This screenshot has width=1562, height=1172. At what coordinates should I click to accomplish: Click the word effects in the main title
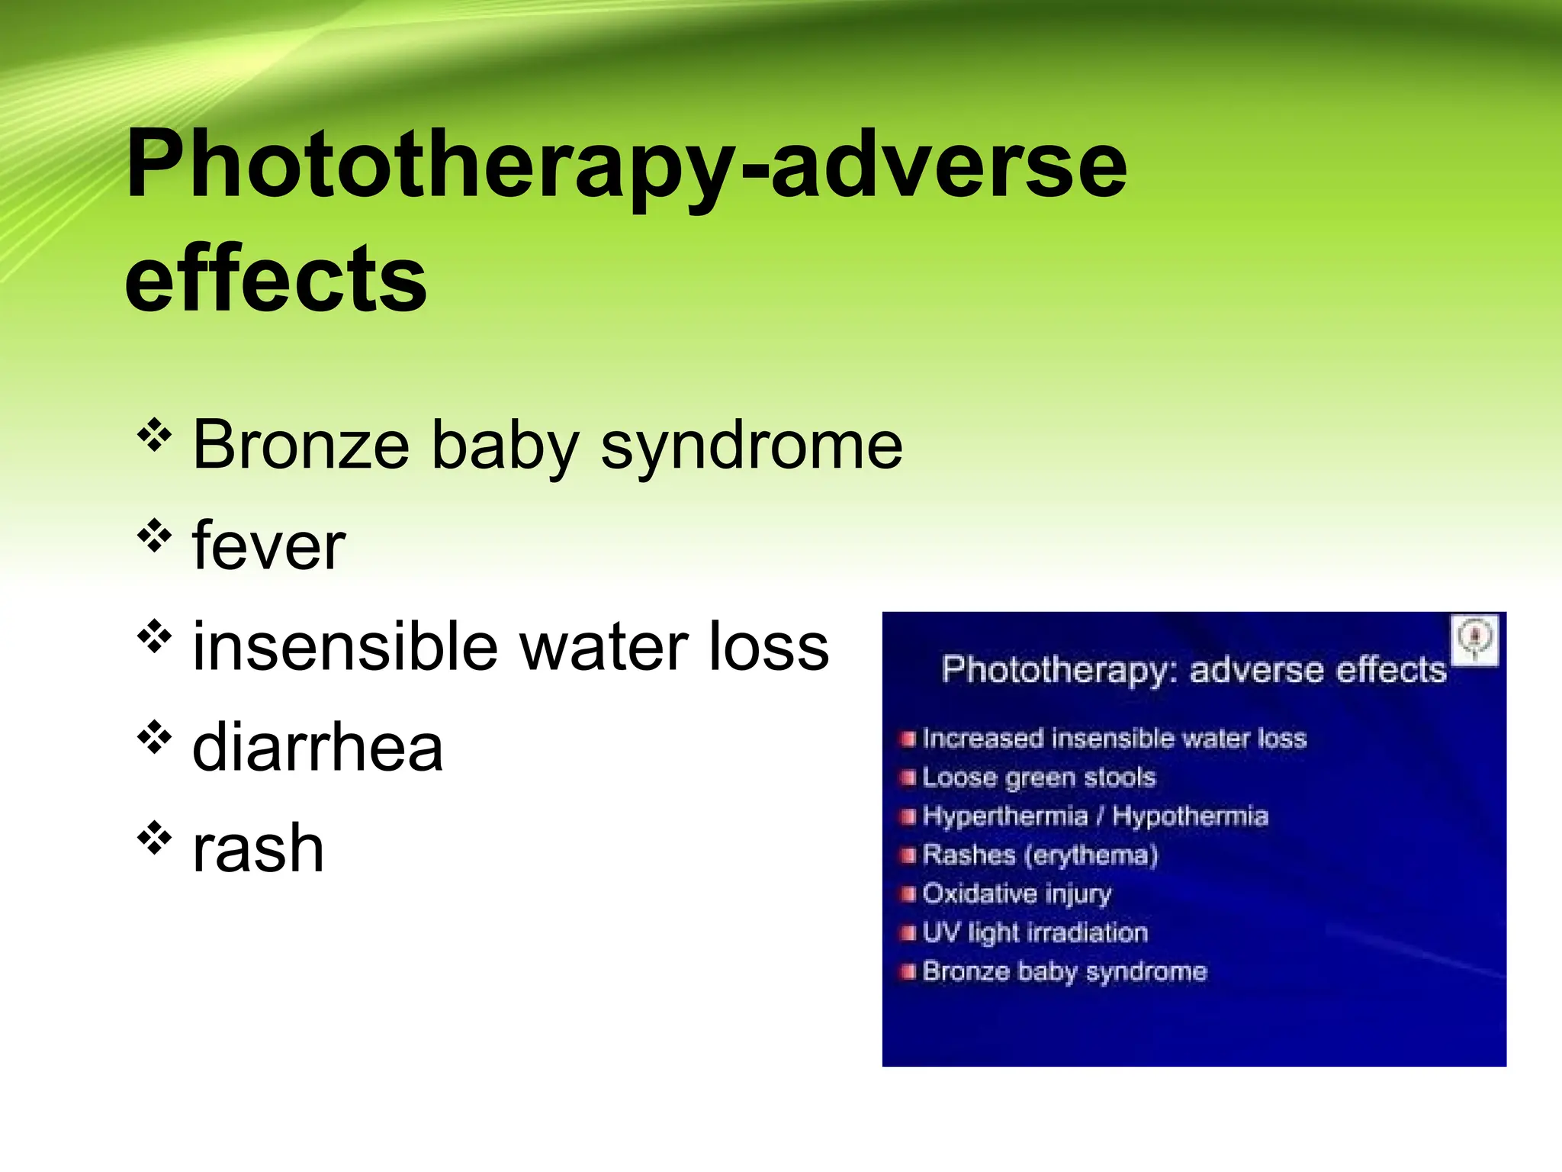(275, 279)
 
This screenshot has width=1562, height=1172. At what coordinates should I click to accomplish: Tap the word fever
(268, 546)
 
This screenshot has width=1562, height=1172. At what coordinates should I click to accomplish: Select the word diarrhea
(317, 747)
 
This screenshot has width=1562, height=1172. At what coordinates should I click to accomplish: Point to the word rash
(258, 848)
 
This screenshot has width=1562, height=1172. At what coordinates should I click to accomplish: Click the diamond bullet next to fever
(154, 536)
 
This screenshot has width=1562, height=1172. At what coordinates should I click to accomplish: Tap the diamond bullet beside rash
(154, 838)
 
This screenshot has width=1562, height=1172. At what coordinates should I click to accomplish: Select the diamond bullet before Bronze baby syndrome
(154, 435)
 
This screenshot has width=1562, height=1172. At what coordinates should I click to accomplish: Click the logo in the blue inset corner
(1475, 639)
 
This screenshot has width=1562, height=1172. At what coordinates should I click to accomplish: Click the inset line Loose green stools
(1038, 778)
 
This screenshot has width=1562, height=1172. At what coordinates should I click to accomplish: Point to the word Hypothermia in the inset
(1190, 816)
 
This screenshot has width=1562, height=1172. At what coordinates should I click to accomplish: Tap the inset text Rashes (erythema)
(1040, 855)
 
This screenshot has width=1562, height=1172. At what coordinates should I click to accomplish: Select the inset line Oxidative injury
(1017, 893)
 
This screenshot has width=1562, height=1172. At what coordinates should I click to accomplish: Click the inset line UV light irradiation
(1034, 932)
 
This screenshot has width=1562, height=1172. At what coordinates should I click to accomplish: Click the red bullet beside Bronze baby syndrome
(907, 972)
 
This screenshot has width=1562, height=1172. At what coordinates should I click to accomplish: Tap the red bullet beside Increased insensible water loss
(907, 739)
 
